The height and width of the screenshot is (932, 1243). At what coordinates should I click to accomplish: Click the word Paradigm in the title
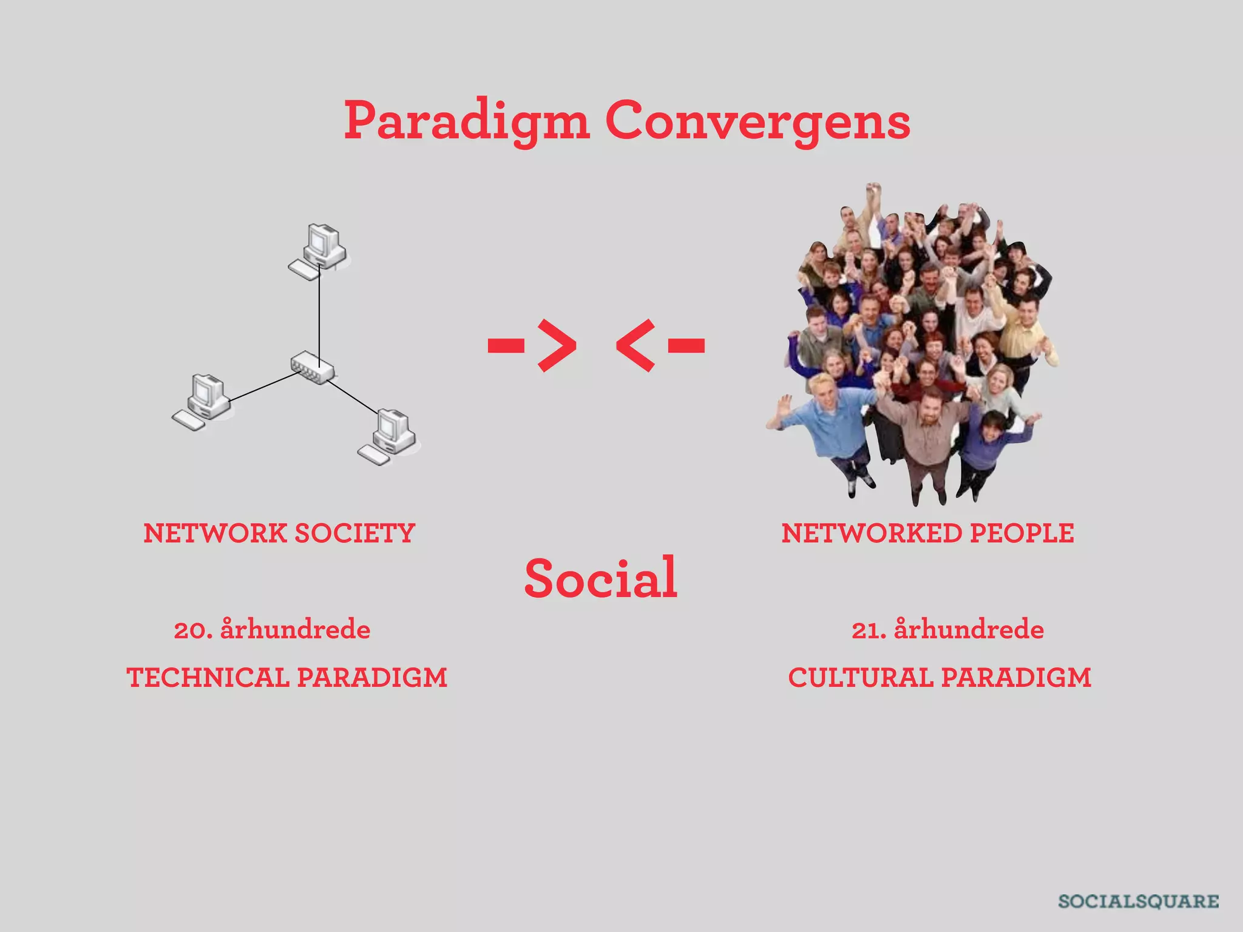pos(466,121)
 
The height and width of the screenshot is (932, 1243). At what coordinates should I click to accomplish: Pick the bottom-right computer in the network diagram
pos(390,436)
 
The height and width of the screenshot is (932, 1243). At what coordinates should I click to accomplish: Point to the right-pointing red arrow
pos(533,345)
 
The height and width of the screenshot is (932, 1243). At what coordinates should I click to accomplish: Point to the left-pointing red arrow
pos(660,345)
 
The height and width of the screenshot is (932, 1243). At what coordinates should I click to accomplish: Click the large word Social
pos(600,578)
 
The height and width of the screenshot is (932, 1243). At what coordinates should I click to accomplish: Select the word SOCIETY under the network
pos(354,533)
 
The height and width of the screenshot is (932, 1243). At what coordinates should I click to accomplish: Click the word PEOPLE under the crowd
pos(1022,533)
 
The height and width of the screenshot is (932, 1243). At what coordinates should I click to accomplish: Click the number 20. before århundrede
pos(193,630)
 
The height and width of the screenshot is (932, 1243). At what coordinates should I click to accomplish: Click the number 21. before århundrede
pos(869,630)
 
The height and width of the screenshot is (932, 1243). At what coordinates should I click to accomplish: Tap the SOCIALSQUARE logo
pos(1138,901)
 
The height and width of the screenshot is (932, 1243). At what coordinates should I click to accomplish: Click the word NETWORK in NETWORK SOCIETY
pos(215,533)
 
